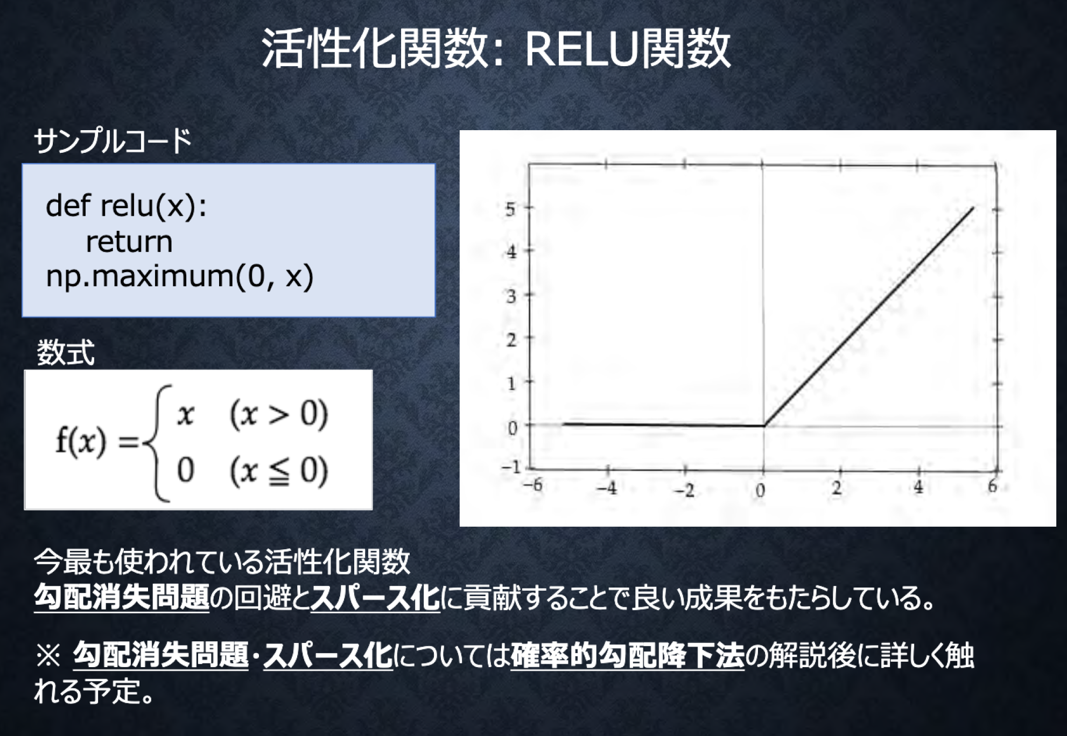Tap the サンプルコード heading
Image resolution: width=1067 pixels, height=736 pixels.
point(113,141)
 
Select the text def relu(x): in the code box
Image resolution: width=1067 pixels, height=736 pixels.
point(126,206)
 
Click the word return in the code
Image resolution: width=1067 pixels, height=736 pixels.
point(129,242)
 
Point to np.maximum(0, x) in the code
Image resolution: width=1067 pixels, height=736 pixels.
point(179,277)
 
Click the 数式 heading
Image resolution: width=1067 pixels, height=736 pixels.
point(65,353)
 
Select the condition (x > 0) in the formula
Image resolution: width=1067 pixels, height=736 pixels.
point(278,415)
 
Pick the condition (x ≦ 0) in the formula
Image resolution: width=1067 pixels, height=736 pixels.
point(278,471)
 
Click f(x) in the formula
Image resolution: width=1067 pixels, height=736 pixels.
point(81,442)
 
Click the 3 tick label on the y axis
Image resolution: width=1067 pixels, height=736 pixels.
point(511,296)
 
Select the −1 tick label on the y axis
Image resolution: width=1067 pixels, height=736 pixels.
point(511,467)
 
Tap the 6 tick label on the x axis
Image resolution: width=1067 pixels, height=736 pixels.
point(993,486)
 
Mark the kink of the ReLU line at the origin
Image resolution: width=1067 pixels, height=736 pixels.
point(764,426)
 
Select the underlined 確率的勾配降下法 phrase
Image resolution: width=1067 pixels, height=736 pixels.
point(627,656)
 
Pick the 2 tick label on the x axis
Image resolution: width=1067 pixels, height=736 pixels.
point(837,488)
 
